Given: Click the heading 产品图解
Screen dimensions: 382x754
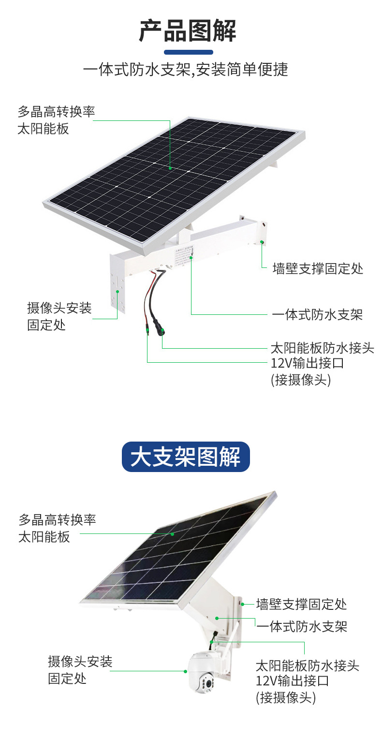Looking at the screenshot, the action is [188, 31].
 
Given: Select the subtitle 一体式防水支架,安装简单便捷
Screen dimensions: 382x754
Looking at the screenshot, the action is [186, 70].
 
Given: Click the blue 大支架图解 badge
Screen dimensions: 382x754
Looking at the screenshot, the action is [186, 457].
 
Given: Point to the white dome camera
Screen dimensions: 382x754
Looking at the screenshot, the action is [205, 672].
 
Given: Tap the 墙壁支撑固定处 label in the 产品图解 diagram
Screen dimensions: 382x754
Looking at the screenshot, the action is [318, 268].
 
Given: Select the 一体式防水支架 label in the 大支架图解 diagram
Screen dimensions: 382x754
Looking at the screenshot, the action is [302, 627].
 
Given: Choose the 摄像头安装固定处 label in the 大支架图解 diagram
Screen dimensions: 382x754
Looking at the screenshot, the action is [80, 669].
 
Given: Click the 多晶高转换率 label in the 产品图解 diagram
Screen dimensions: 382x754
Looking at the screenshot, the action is [56, 112].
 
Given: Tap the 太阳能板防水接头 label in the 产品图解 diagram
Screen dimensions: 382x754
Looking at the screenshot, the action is [322, 348].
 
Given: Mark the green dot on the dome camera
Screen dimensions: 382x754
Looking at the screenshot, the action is [185, 671].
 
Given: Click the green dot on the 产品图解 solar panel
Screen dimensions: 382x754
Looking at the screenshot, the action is [170, 168].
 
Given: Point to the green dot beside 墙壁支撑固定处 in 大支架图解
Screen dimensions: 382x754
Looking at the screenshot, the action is [244, 604].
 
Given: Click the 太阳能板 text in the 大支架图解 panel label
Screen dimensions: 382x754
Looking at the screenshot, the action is [44, 537].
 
